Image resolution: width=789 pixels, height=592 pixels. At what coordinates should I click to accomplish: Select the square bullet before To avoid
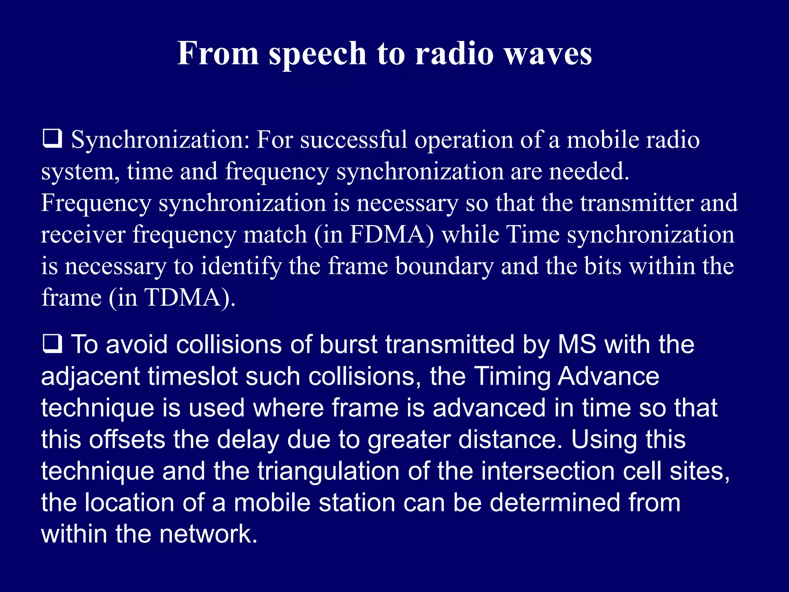tap(52, 344)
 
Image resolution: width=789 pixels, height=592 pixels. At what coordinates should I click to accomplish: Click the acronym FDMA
tap(391, 234)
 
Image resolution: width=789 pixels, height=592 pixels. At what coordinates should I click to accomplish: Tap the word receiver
tap(83, 234)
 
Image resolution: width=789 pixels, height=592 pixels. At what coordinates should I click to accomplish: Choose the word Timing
tap(512, 376)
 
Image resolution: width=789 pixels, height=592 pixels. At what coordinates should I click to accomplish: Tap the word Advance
tap(608, 376)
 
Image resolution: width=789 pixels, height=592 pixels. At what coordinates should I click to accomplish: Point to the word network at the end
tap(208, 534)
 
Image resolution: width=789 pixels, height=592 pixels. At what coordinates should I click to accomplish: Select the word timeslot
tap(193, 376)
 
